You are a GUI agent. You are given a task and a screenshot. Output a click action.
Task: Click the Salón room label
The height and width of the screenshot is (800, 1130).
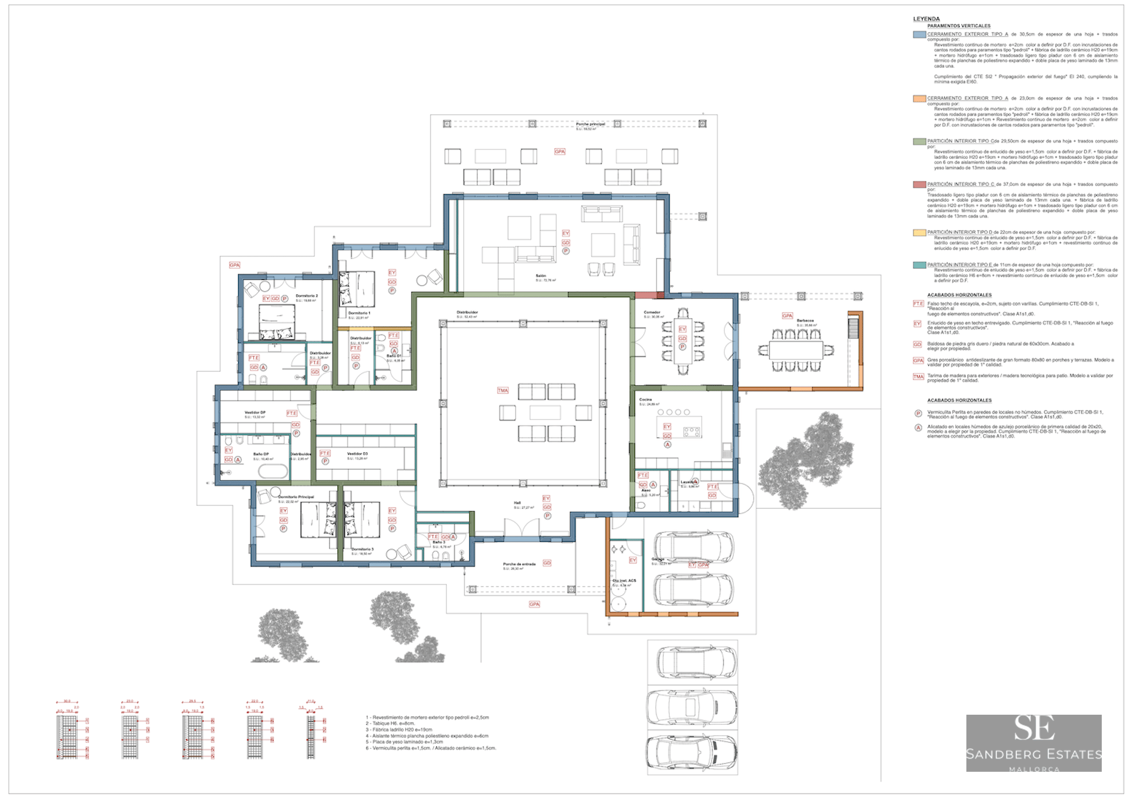click(x=540, y=275)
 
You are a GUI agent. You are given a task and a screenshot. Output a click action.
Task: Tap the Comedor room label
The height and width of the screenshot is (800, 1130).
click(x=652, y=312)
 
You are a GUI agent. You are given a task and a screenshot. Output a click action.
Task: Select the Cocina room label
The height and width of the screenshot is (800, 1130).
click(x=646, y=399)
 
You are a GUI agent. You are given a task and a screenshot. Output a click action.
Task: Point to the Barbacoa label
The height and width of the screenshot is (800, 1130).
click(x=805, y=321)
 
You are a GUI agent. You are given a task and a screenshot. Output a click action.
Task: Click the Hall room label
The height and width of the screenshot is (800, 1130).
click(x=517, y=503)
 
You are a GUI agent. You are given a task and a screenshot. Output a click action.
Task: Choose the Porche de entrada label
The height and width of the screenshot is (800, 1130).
click(x=519, y=564)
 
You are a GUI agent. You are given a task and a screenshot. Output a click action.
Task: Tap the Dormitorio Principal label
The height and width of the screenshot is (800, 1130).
click(x=296, y=497)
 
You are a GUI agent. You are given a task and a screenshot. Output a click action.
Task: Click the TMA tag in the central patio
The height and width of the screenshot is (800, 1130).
click(x=503, y=391)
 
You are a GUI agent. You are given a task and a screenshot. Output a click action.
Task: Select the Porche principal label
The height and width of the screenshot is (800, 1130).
click(x=590, y=124)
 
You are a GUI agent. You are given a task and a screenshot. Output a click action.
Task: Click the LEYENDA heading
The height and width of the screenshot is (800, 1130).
click(x=926, y=19)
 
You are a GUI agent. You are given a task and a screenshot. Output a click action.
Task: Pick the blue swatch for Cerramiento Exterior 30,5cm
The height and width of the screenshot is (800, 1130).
click(x=919, y=35)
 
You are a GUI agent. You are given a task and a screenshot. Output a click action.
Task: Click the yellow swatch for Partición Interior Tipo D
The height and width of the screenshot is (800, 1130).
click(x=919, y=233)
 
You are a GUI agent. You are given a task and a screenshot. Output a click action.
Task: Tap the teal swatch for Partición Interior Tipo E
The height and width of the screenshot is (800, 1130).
click(x=919, y=265)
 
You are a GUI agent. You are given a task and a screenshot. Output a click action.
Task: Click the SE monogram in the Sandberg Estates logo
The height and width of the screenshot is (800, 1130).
click(x=1033, y=729)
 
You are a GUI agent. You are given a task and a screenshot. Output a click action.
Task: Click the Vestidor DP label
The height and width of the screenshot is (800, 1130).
click(x=255, y=412)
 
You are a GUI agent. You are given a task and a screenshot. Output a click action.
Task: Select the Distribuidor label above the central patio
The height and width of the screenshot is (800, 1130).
click(x=467, y=312)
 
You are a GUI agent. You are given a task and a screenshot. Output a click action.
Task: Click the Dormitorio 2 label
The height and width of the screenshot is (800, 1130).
click(x=307, y=296)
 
